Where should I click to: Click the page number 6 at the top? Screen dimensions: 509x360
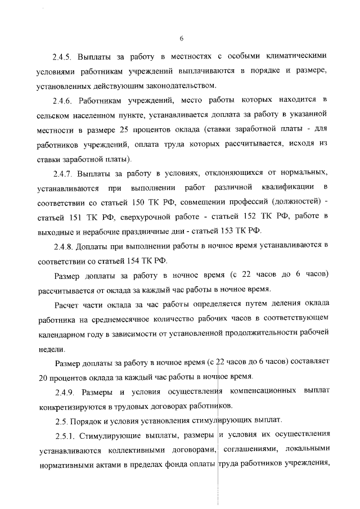pos(181,38)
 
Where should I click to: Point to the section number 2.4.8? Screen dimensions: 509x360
pos(62,245)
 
